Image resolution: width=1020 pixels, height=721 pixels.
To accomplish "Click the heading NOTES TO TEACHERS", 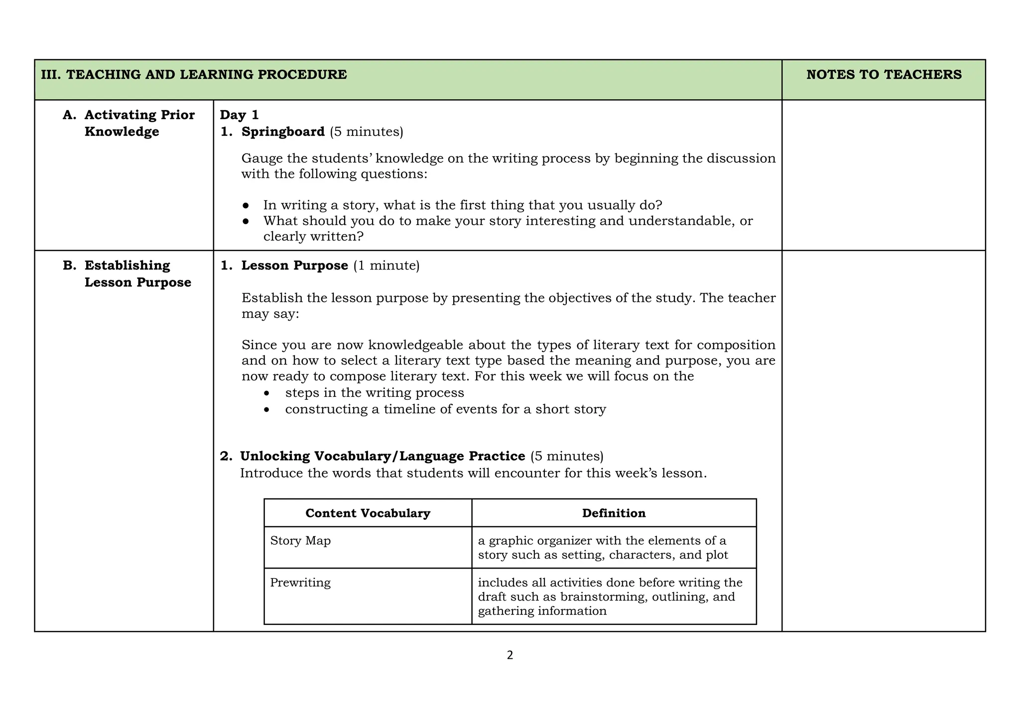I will [x=884, y=75].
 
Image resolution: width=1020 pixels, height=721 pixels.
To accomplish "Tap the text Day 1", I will [x=239, y=115].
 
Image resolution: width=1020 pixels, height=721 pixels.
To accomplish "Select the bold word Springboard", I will [x=283, y=132].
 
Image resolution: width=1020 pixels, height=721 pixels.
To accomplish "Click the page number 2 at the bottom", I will [x=510, y=655].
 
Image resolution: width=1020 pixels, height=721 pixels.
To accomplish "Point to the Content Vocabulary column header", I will [x=368, y=513].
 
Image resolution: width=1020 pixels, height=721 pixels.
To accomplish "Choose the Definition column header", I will [x=614, y=513].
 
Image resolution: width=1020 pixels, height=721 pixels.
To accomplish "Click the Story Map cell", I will [x=300, y=541].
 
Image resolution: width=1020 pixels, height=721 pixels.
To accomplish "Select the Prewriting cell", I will [x=300, y=583].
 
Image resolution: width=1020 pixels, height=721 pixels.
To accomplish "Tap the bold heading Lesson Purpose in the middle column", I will [x=295, y=266].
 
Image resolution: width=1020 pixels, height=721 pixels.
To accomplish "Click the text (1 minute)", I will [x=386, y=266].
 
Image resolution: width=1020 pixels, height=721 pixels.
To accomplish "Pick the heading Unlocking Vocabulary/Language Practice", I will [x=382, y=456].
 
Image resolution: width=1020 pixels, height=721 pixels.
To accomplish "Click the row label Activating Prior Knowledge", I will [x=139, y=123].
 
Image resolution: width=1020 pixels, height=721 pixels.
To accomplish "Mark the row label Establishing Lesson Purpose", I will [x=137, y=274].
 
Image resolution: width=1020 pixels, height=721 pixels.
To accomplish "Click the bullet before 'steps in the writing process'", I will [x=267, y=393].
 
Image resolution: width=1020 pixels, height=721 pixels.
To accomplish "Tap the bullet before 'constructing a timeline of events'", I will [x=267, y=410].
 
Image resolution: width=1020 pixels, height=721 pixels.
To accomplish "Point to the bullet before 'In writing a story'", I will [x=246, y=206].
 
